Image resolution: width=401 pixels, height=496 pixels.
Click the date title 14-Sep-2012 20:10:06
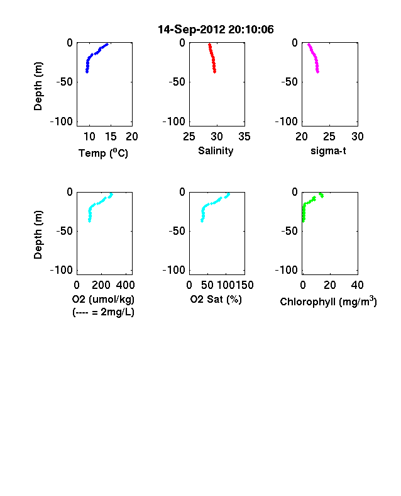(216, 30)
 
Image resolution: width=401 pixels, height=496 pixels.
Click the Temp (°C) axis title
(103, 153)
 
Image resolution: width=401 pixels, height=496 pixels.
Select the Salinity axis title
(216, 151)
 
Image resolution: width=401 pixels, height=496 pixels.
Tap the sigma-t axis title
(328, 151)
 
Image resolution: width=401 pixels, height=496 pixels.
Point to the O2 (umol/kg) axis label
(103, 299)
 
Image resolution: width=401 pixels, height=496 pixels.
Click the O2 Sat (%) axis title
(216, 299)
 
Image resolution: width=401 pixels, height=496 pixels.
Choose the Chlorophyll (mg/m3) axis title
(328, 302)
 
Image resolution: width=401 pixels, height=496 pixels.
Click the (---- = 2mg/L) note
(103, 312)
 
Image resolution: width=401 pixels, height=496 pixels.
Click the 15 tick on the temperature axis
(111, 137)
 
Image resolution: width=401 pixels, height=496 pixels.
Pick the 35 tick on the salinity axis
(244, 137)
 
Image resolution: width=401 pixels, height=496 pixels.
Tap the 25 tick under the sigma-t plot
(329, 137)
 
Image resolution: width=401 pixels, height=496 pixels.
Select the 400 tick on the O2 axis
(125, 285)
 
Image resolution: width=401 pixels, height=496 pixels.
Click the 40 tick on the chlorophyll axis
(357, 285)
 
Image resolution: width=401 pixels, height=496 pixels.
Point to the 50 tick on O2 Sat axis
(207, 285)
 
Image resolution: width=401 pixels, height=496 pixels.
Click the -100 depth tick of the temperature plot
(61, 121)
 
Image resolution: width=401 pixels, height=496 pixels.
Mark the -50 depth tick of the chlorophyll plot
(289, 231)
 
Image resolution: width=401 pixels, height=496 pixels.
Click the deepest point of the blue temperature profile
(87, 72)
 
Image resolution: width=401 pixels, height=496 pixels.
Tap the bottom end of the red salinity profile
(215, 72)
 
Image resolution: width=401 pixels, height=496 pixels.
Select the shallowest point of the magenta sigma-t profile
(309, 44)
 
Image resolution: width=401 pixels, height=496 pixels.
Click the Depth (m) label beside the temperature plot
(38, 86)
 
